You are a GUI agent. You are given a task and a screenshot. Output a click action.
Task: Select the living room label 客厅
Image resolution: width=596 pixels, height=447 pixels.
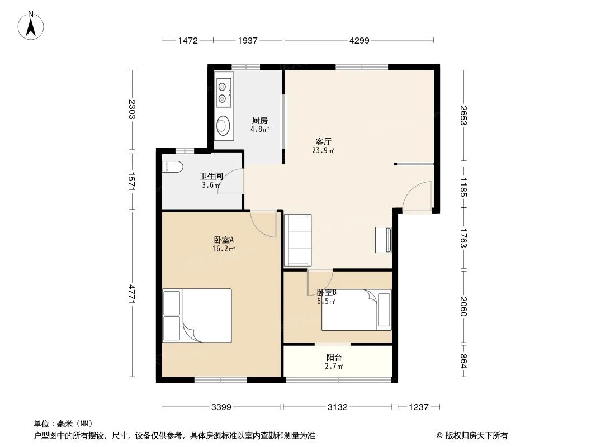click(x=324, y=141)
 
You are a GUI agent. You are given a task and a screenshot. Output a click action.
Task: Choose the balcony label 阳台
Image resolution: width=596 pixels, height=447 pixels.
click(x=334, y=358)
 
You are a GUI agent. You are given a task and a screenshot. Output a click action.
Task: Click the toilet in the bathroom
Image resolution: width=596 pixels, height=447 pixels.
click(x=171, y=167)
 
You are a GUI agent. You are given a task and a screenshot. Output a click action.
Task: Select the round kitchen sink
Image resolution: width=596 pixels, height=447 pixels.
click(x=223, y=126)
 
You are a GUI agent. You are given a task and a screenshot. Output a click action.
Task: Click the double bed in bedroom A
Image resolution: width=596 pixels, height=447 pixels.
click(x=197, y=316)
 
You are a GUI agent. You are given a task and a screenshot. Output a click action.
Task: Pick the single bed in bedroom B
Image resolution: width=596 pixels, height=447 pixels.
click(x=356, y=310)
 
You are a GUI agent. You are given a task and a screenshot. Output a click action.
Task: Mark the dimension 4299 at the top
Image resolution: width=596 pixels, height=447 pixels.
click(x=358, y=40)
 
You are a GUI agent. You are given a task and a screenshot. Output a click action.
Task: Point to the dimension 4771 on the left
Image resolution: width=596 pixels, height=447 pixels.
click(x=132, y=294)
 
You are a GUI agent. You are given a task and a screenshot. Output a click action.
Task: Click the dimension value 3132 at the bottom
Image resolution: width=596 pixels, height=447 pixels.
click(x=337, y=407)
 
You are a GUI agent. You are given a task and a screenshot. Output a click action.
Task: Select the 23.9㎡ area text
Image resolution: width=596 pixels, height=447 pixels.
click(x=324, y=150)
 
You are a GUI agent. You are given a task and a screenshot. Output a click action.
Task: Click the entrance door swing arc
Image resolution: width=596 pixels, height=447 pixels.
click(x=417, y=197)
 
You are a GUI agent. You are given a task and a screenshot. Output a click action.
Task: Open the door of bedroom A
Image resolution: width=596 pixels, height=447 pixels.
click(x=263, y=223)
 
